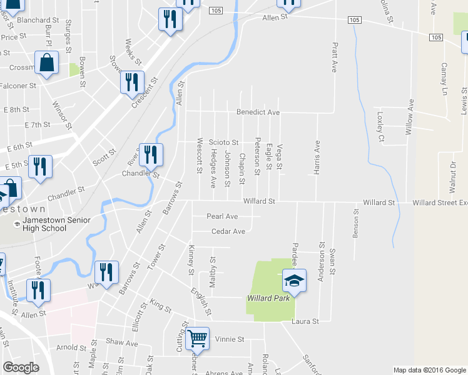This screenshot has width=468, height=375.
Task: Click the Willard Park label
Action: pyautogui.click(x=268, y=297)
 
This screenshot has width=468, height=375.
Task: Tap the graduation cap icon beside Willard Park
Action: pyautogui.click(x=293, y=281)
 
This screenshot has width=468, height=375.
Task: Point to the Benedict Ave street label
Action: pyautogui.click(x=257, y=112)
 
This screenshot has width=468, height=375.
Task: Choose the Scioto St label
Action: pyautogui.click(x=224, y=143)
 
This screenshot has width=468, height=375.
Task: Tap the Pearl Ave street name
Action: pyautogui.click(x=223, y=216)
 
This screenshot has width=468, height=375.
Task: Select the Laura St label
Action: pyautogui.click(x=305, y=321)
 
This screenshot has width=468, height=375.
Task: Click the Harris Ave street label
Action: pyautogui.click(x=317, y=157)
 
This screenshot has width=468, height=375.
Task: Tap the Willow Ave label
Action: pyautogui.click(x=410, y=117)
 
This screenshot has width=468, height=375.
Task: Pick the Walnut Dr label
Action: pyautogui.click(x=452, y=178)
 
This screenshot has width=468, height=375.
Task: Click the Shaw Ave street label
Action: pyautogui.click(x=121, y=343)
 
